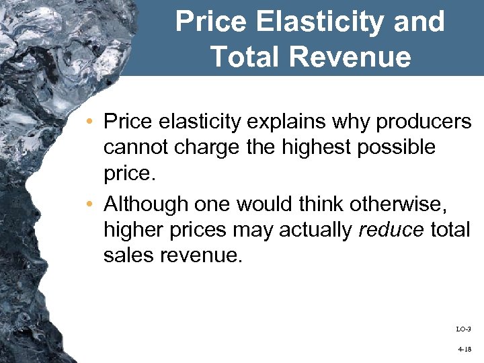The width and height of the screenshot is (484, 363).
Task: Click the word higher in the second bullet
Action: (132, 230)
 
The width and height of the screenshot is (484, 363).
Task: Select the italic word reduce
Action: (391, 230)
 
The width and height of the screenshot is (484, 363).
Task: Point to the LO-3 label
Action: (463, 329)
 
